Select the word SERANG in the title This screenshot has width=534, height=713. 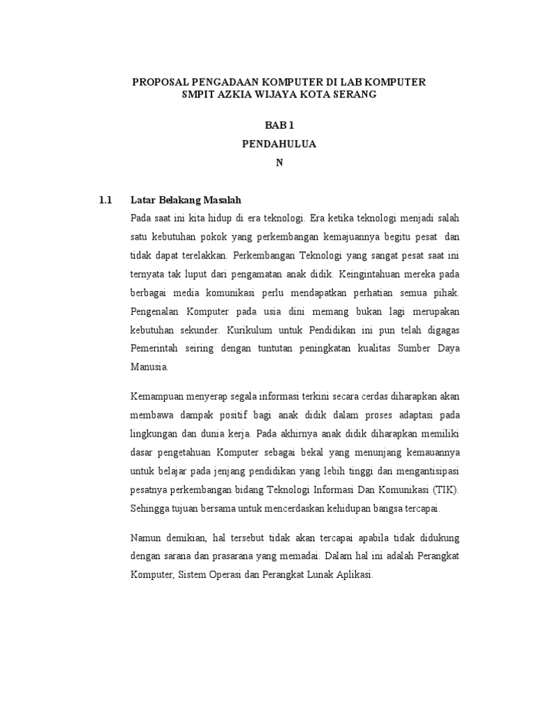click(353, 94)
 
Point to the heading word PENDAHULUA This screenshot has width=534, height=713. click(278, 144)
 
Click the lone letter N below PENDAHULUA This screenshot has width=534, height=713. click(279, 162)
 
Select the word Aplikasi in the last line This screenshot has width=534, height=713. click(355, 575)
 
